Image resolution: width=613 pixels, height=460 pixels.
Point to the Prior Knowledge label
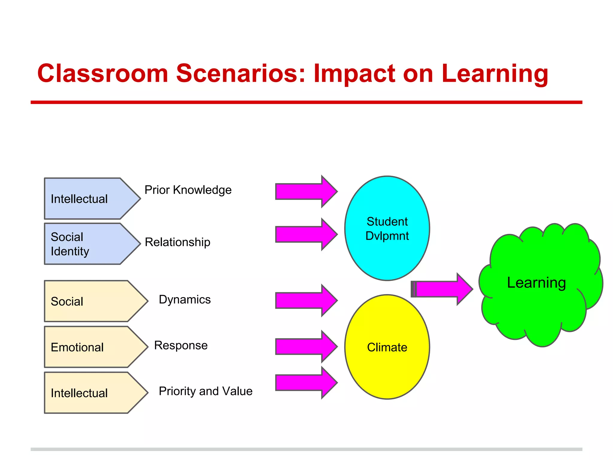188,190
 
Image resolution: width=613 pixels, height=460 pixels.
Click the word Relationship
177,242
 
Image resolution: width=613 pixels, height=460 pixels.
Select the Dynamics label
185,299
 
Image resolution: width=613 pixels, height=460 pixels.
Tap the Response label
181,345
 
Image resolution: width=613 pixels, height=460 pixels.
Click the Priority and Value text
206,391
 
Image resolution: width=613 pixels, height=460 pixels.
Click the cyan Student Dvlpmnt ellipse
387,228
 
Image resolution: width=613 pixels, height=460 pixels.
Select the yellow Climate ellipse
387,347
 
